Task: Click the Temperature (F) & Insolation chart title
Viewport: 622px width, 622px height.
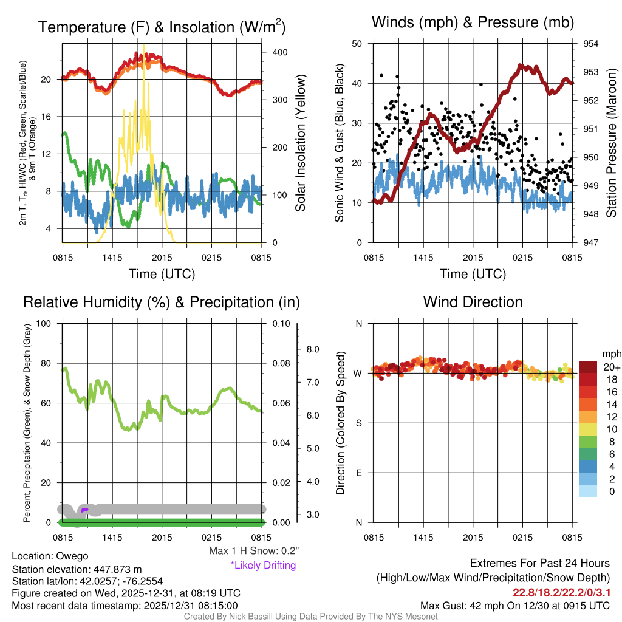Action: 162,27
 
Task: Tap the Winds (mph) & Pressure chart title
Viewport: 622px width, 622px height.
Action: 473,22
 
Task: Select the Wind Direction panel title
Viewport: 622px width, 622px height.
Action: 473,301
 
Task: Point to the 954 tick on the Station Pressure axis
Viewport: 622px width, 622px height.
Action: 591,44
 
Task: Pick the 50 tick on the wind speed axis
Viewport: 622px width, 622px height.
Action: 357,44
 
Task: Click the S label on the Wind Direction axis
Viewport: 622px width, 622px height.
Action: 358,423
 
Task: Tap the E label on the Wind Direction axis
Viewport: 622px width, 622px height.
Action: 358,473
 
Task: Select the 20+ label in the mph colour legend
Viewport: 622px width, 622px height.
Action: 612,367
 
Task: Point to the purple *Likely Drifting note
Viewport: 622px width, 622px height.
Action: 263,565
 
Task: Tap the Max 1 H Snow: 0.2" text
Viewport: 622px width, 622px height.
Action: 253,551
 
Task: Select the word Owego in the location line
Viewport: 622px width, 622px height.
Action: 72,556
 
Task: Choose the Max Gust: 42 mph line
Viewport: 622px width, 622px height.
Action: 515,606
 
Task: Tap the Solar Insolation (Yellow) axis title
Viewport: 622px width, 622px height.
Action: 301,143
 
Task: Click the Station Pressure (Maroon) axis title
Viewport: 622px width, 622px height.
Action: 612,143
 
